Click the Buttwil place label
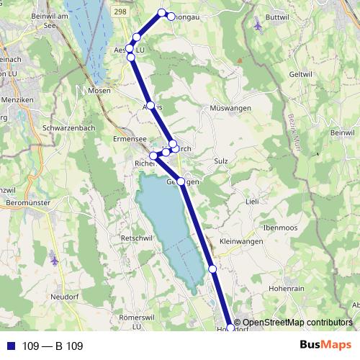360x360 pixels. pyautogui.click(x=276, y=15)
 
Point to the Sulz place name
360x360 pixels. pyautogui.click(x=222, y=163)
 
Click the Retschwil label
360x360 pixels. pyautogui.click(x=136, y=238)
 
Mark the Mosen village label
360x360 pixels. pyautogui.click(x=99, y=91)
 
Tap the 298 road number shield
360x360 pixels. pyautogui.click(x=120, y=13)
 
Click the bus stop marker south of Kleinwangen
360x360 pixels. pyautogui.click(x=212, y=269)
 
